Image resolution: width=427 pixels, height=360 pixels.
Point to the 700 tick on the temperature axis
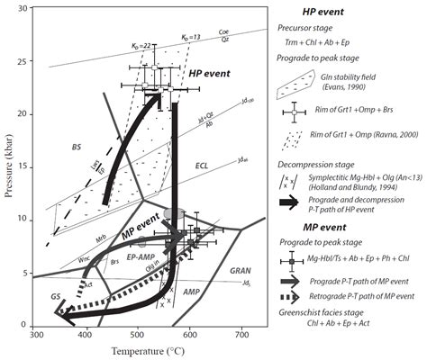click(x=241, y=335)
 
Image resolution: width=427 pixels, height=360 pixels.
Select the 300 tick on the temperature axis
click(x=37, y=335)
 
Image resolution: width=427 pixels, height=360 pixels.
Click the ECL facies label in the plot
click(x=202, y=166)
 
